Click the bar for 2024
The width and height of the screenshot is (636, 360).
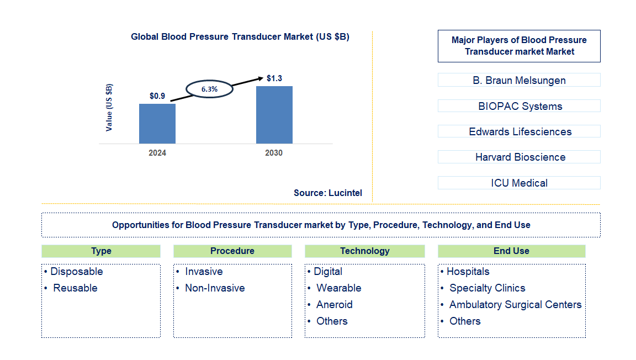pos(157,124)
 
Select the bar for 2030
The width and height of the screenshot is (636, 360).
pos(274,115)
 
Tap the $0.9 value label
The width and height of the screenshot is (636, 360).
pos(157,96)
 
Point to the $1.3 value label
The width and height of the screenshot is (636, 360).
pos(274,78)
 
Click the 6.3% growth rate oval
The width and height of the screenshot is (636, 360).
pos(209,89)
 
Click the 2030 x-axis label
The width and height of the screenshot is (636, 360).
pos(274,153)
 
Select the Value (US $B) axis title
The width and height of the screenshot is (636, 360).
pos(109,107)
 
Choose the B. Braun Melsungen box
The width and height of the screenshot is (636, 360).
pos(519,80)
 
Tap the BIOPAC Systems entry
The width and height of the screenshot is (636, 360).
pos(519,106)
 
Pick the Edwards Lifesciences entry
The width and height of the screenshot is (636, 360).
pos(519,131)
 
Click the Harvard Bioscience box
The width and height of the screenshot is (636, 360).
pos(519,157)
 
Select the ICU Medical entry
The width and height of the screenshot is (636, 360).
pos(519,183)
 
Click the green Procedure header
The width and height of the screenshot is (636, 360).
pos(232,251)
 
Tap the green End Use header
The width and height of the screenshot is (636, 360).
pos(511,251)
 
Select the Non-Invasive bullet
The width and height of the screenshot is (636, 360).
pos(214,288)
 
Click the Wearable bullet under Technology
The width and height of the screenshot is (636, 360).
pos(338,288)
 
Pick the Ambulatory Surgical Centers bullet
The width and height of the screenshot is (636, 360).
pos(515,305)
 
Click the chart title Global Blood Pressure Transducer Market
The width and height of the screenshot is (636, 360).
pos(240,37)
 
